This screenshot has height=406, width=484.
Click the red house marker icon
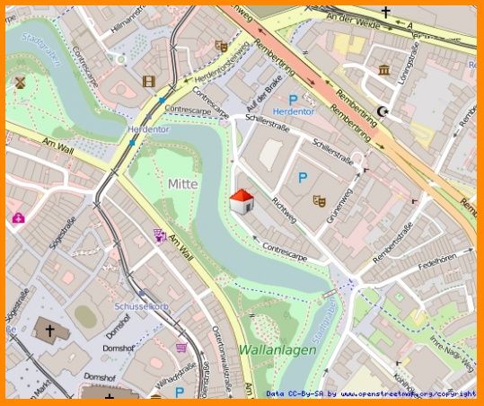tap(241, 201)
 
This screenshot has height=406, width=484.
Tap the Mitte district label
tap(182, 183)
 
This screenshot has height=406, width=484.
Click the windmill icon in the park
tap(18, 81)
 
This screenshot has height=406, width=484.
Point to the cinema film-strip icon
tap(148, 82)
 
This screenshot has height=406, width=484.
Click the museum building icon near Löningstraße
tap(383, 70)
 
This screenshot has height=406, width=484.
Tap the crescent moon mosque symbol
tap(384, 110)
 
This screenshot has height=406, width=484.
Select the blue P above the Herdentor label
tap(292, 101)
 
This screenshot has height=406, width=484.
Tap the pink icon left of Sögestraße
tap(18, 216)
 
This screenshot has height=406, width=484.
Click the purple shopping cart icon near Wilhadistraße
tap(181, 347)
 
